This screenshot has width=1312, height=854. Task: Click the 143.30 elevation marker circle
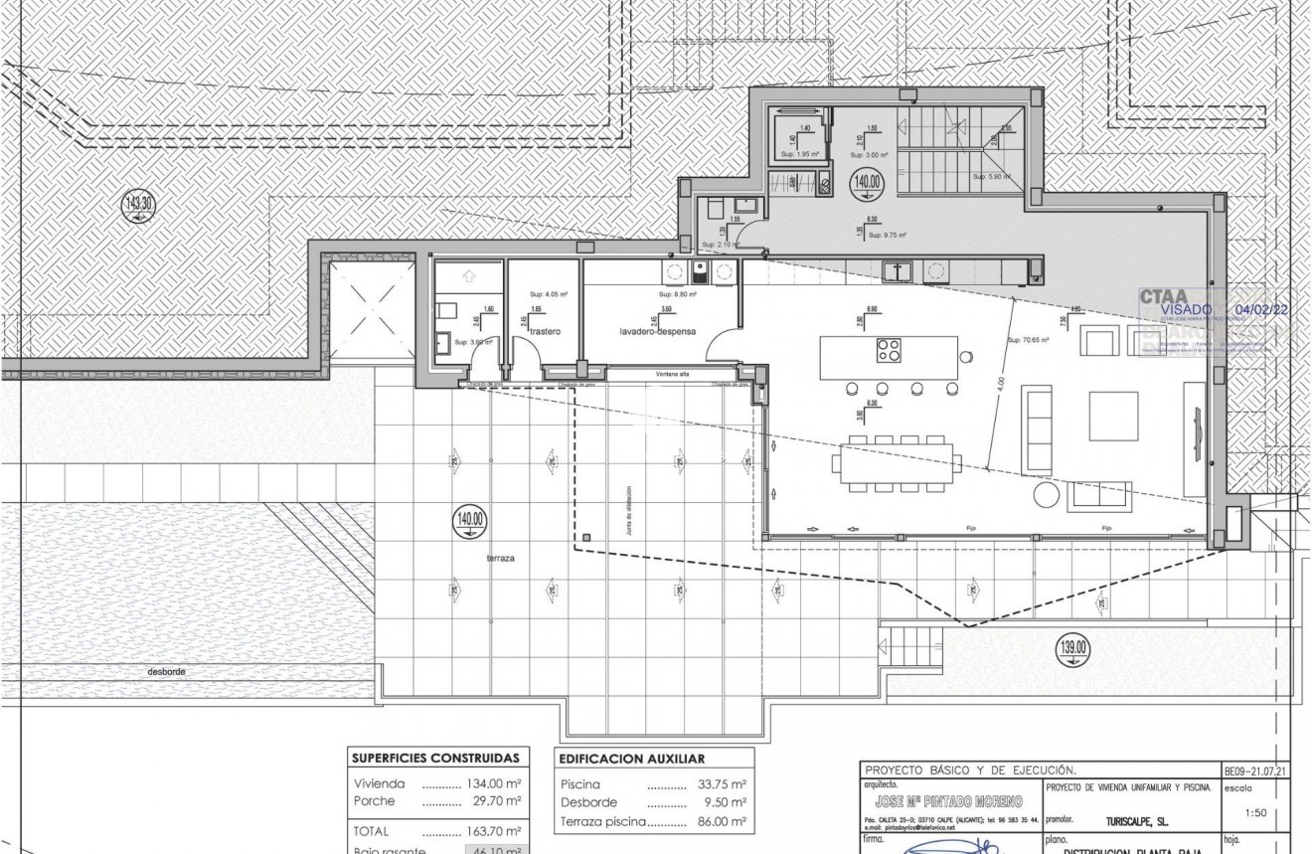coord(138,207)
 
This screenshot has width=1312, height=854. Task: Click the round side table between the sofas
coord(1047,494)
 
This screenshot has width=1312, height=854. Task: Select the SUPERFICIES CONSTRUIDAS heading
coord(435,758)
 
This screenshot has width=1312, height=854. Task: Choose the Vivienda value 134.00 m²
coord(494,783)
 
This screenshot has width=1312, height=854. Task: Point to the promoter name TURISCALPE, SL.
coord(1136,823)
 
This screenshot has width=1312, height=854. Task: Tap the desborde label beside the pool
coord(166,671)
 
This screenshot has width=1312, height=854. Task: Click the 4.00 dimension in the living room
coord(1001,382)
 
